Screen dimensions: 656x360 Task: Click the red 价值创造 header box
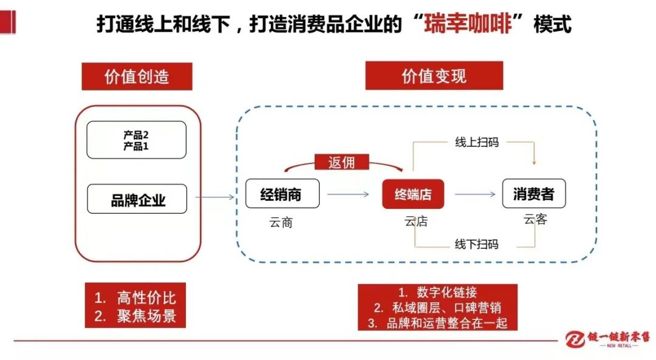(137, 76)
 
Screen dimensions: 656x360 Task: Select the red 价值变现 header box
(434, 76)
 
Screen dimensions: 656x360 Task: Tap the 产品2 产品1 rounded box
(137, 140)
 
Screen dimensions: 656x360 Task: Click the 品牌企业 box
(137, 199)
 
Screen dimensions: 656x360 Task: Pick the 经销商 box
(282, 194)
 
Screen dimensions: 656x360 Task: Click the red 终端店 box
(413, 194)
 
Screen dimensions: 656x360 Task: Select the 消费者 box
(534, 194)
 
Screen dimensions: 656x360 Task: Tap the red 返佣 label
(342, 162)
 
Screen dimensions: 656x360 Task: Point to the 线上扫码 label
(477, 142)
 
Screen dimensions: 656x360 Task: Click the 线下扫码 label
(477, 244)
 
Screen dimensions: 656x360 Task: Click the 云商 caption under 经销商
(281, 222)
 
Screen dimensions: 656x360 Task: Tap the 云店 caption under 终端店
(416, 221)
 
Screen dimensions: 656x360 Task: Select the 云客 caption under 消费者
(535, 219)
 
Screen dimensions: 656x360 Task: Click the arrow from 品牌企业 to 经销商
(215, 197)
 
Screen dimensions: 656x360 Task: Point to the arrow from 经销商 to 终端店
(348, 194)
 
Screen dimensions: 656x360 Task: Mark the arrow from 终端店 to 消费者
(475, 194)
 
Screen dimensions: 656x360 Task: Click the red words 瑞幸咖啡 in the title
(468, 23)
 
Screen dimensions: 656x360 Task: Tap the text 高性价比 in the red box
(146, 297)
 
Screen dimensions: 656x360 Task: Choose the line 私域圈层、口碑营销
(447, 308)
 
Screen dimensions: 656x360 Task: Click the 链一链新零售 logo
(607, 338)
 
